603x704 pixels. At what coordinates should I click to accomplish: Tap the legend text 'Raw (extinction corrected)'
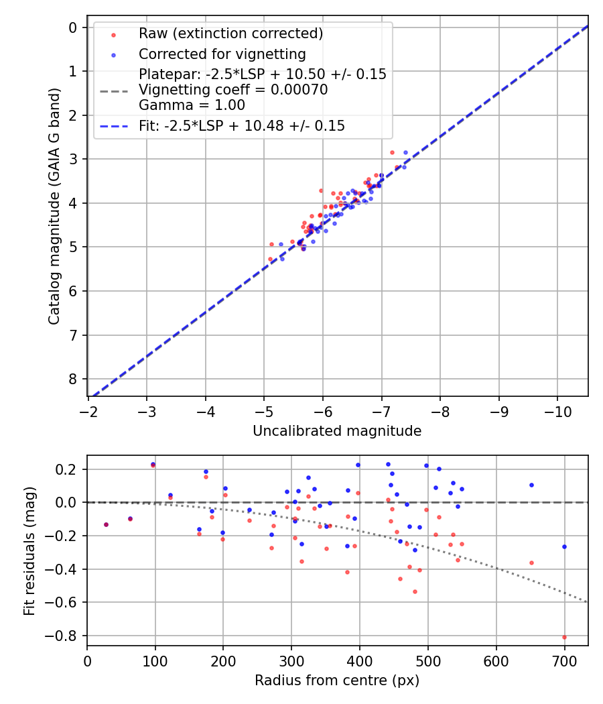click(230, 34)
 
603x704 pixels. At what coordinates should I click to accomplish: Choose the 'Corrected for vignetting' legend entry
click(222, 54)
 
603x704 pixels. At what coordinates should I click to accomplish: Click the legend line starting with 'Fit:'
click(241, 126)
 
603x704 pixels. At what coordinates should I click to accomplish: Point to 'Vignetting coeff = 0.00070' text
click(233, 90)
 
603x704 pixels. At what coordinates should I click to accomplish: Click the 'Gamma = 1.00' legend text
click(192, 105)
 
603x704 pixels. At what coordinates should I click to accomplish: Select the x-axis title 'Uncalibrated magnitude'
click(337, 431)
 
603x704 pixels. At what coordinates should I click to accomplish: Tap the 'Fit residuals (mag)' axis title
click(29, 550)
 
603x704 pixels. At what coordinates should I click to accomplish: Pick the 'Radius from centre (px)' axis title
click(337, 681)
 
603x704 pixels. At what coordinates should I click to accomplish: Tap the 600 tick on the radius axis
click(496, 662)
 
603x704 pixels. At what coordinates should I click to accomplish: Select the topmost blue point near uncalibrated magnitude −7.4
click(405, 152)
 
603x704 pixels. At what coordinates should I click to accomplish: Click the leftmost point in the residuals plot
click(106, 524)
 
